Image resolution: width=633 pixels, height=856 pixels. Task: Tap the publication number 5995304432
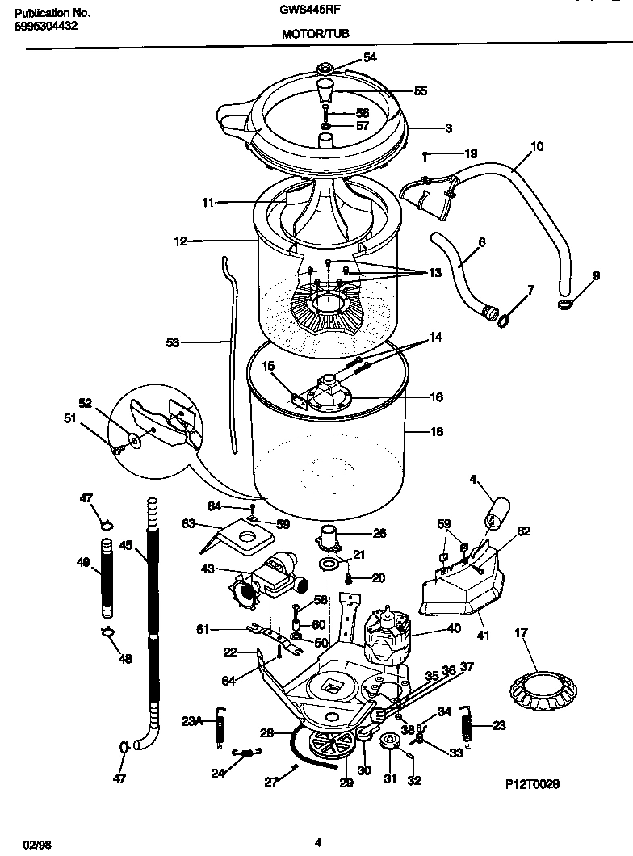click(x=48, y=27)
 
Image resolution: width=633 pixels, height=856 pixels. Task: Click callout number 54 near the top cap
click(x=370, y=57)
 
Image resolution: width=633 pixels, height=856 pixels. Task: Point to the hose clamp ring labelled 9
click(x=568, y=304)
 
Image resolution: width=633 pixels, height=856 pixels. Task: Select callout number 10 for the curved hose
click(x=537, y=146)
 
